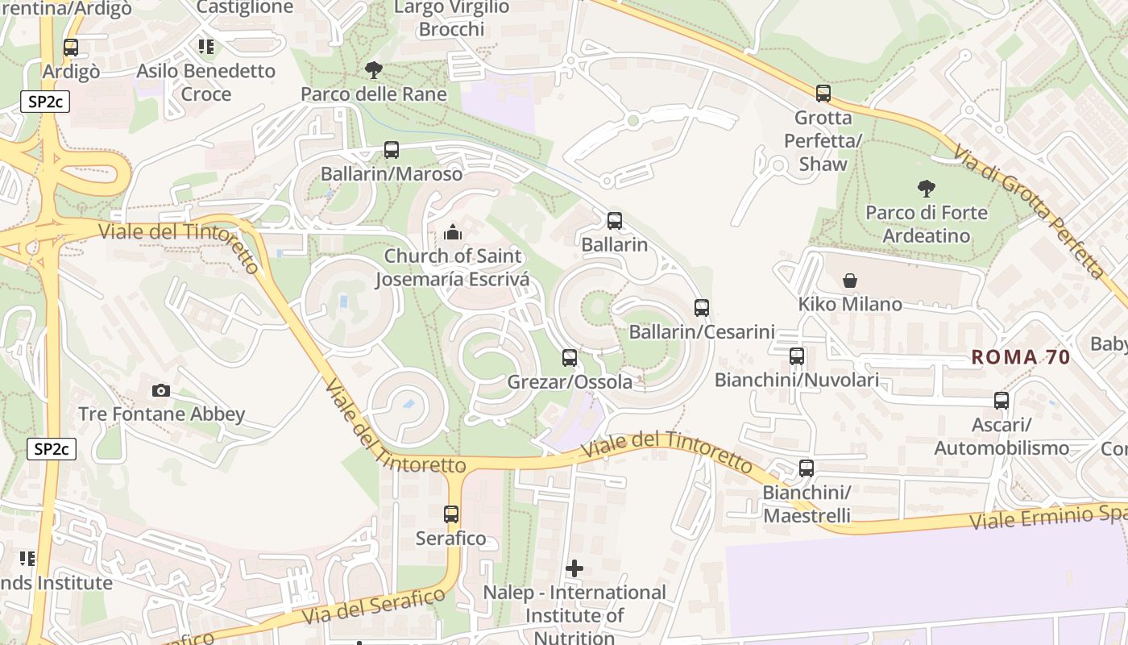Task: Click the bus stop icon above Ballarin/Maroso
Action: click(x=391, y=149)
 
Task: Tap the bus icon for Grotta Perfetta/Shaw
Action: click(x=823, y=94)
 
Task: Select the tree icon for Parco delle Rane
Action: click(x=373, y=70)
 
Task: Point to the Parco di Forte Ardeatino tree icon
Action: click(x=926, y=189)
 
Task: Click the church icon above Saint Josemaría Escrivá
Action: click(x=453, y=233)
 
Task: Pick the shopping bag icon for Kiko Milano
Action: click(x=849, y=281)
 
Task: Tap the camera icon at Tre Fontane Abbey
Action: click(x=161, y=390)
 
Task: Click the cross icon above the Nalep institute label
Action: click(x=574, y=568)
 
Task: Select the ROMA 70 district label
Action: click(x=1020, y=357)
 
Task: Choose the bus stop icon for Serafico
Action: click(x=451, y=514)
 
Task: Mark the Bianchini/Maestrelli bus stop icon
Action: click(x=806, y=468)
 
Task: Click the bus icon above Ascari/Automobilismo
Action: click(x=1001, y=400)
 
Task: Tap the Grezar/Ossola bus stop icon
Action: click(x=569, y=357)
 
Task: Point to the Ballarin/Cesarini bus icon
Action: click(x=701, y=307)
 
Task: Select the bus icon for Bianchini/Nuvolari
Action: click(x=796, y=356)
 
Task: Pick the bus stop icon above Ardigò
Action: click(x=71, y=48)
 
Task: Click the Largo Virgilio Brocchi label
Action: click(x=451, y=19)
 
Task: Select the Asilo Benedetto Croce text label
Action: click(x=206, y=82)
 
